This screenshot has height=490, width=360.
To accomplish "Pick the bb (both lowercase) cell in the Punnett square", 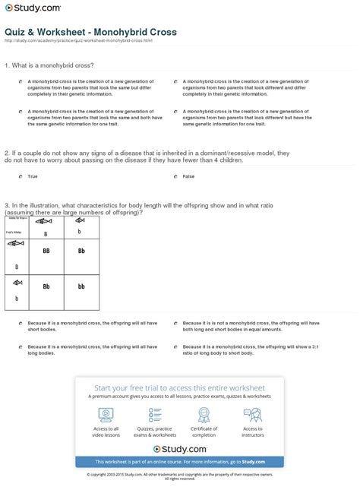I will [x=81, y=287].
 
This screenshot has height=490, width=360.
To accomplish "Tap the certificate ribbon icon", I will [x=204, y=414].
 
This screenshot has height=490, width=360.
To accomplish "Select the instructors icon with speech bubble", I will [x=253, y=414].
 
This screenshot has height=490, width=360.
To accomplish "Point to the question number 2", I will [x=7, y=151].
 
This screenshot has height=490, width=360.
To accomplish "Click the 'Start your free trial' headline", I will [x=180, y=385].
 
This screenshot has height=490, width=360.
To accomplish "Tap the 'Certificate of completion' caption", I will [x=204, y=433].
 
